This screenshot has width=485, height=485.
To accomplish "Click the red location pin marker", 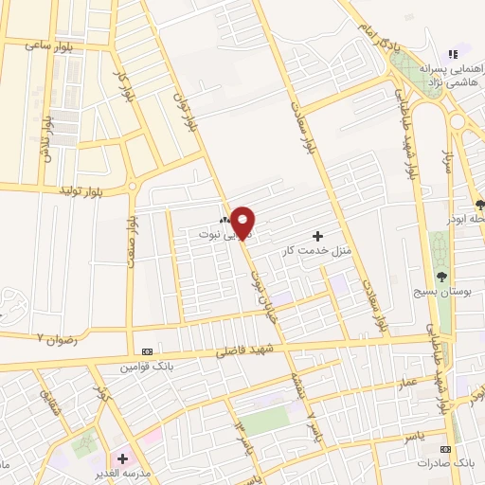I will pyautogui.click(x=243, y=222).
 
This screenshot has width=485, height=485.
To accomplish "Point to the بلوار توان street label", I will pyautogui.click(x=186, y=111).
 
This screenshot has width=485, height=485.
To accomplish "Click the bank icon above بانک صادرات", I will pyautogui.click(x=445, y=449).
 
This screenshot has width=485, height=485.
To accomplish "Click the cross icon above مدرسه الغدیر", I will pyautogui.click(x=122, y=458).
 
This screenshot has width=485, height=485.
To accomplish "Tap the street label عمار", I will pyautogui.click(x=407, y=380).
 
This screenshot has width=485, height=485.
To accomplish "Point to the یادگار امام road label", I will pyautogui.click(x=375, y=36).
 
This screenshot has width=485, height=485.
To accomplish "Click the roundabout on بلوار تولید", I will pyautogui.click(x=133, y=187).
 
